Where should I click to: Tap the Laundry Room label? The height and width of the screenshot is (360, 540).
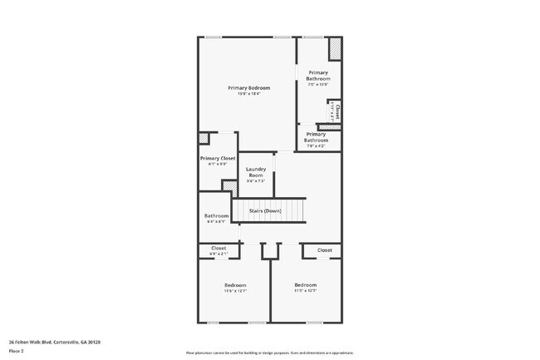pos(255,172)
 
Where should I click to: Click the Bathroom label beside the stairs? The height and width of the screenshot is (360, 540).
pos(216,216)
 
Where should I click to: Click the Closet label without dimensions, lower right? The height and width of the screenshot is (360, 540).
pos(324,249)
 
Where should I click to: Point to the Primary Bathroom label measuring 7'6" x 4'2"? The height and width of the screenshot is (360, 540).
pos(316,136)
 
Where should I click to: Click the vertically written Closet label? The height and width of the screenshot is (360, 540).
pos(336,111)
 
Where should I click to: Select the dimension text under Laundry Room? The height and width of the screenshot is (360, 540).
pos(255,181)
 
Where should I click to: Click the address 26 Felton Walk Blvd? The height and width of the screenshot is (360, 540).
pos(50,340)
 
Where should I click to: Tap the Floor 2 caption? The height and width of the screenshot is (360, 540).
pos(17,350)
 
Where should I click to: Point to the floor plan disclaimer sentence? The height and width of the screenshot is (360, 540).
pos(270,353)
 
